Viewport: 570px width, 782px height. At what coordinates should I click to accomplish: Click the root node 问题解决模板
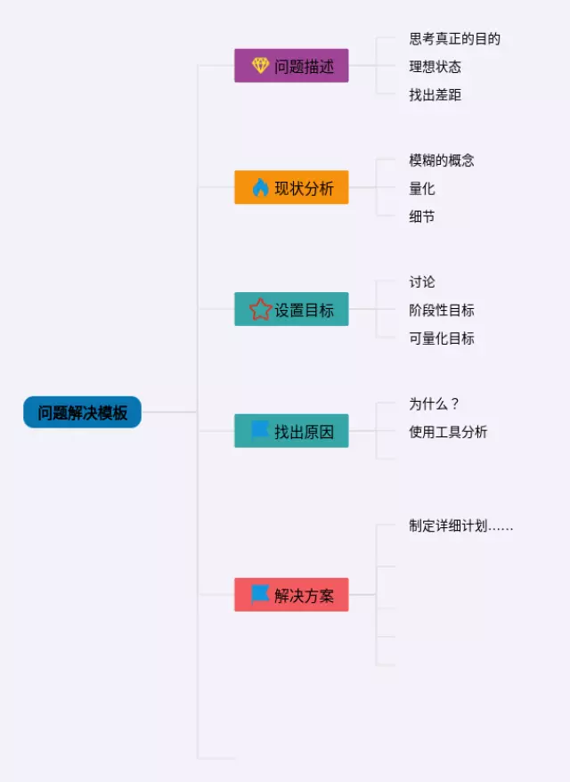click(x=82, y=412)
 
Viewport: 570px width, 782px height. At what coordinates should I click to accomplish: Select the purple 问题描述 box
click(x=291, y=66)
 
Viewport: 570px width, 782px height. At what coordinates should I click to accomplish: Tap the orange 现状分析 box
click(x=291, y=188)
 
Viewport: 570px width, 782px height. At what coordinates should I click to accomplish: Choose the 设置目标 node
click(x=291, y=309)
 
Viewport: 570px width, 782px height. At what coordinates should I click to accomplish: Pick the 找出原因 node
click(x=291, y=431)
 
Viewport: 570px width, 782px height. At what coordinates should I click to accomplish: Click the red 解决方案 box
click(x=291, y=595)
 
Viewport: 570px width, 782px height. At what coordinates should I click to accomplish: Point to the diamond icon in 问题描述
click(x=260, y=66)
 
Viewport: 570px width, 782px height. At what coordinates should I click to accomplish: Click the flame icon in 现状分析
click(x=260, y=188)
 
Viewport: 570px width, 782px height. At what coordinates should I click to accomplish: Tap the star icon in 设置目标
click(x=260, y=309)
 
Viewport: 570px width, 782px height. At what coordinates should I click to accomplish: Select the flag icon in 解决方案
click(x=260, y=594)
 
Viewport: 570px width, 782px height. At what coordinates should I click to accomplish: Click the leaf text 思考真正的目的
click(x=454, y=38)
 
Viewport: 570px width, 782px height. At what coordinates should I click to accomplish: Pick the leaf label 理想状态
click(x=435, y=67)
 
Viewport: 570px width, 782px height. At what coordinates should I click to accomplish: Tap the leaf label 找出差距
click(x=435, y=94)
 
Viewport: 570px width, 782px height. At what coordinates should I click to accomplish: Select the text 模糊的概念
click(x=442, y=160)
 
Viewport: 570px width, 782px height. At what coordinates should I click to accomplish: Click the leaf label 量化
click(x=422, y=189)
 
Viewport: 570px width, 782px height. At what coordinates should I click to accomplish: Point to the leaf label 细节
click(x=422, y=216)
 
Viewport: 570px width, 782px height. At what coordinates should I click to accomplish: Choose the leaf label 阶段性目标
click(x=442, y=310)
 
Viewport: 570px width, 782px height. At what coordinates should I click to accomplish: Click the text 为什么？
click(x=435, y=403)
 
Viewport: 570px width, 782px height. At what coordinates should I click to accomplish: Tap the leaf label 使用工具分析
click(x=448, y=432)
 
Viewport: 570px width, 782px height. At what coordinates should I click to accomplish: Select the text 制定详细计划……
click(x=460, y=525)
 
